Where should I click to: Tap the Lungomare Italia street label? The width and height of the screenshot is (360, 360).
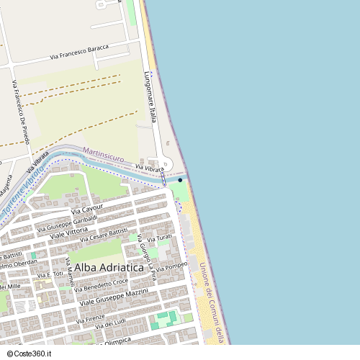coord(150,97)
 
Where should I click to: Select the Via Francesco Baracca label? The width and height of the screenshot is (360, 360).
coord(79,52)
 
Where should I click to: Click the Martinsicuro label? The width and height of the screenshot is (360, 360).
coord(104,154)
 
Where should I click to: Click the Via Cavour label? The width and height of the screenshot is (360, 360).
coord(88,210)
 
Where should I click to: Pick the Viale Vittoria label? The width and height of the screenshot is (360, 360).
coord(68,233)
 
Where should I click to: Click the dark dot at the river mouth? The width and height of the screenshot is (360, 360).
coord(180,180)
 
